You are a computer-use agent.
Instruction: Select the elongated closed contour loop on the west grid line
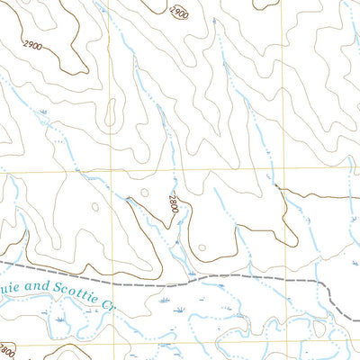[x=111, y=113]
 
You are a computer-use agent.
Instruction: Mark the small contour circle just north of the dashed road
[x=202, y=247]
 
